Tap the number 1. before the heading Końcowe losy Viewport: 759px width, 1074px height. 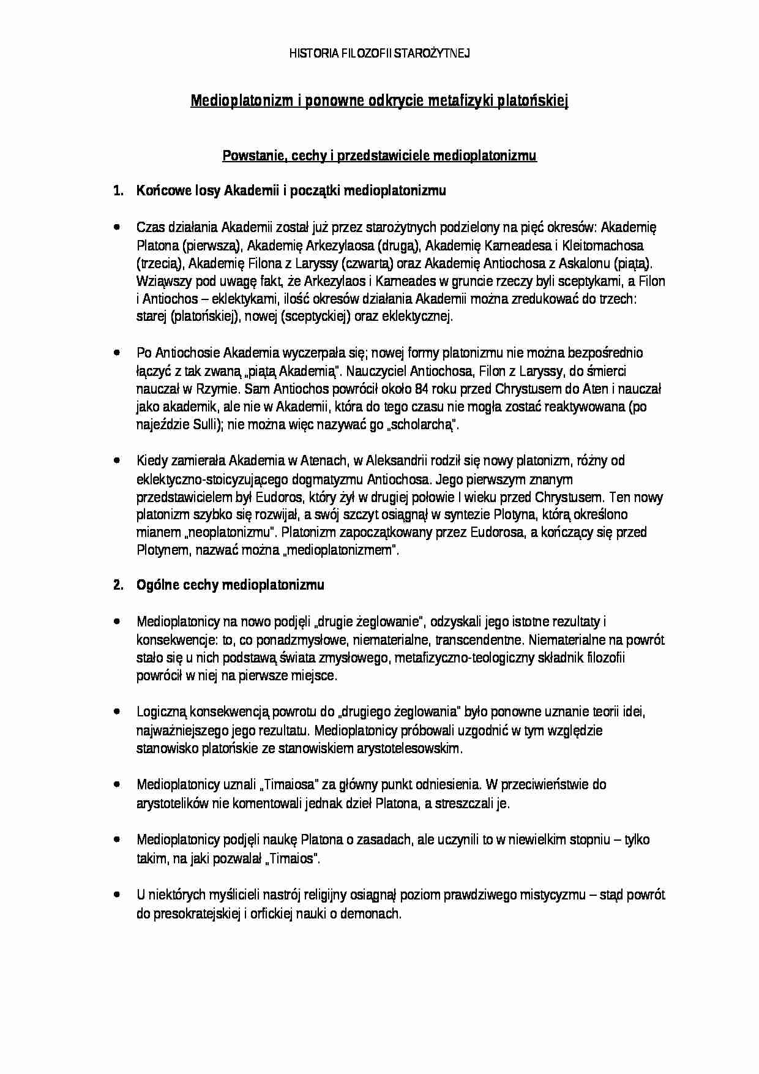tap(118, 190)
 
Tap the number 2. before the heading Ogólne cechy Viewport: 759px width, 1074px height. tap(118, 585)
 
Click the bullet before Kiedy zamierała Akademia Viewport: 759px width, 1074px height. tap(117, 460)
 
